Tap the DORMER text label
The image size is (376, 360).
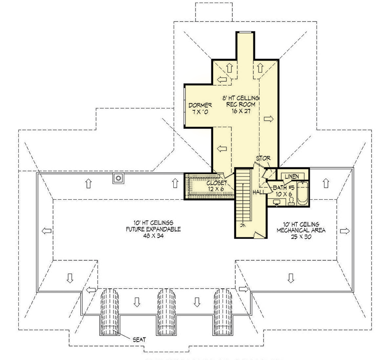pyautogui.click(x=199, y=105)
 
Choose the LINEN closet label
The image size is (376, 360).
pyautogui.click(x=292, y=176)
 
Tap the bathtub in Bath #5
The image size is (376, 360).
pyautogui.click(x=302, y=194)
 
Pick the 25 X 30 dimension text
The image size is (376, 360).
pyautogui.click(x=297, y=236)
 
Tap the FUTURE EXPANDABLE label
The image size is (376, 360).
pyautogui.click(x=154, y=229)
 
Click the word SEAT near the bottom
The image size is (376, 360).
pyautogui.click(x=139, y=340)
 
